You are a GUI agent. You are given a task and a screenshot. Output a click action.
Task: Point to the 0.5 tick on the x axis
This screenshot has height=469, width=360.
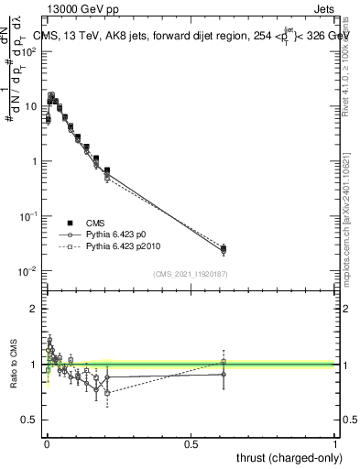191,442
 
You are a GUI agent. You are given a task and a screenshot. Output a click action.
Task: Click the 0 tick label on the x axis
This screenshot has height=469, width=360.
47,442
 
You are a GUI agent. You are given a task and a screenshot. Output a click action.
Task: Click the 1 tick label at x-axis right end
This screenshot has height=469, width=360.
335,442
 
